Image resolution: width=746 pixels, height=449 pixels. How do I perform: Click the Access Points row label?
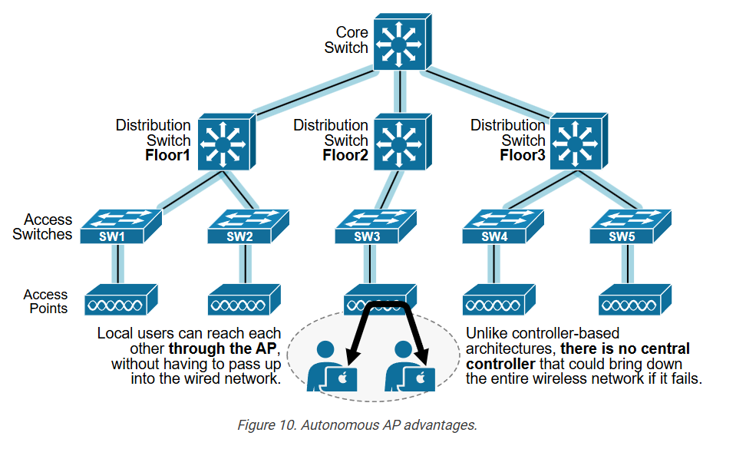pyautogui.click(x=45, y=302)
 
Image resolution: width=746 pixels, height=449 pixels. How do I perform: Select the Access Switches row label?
pyautogui.click(x=42, y=227)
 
